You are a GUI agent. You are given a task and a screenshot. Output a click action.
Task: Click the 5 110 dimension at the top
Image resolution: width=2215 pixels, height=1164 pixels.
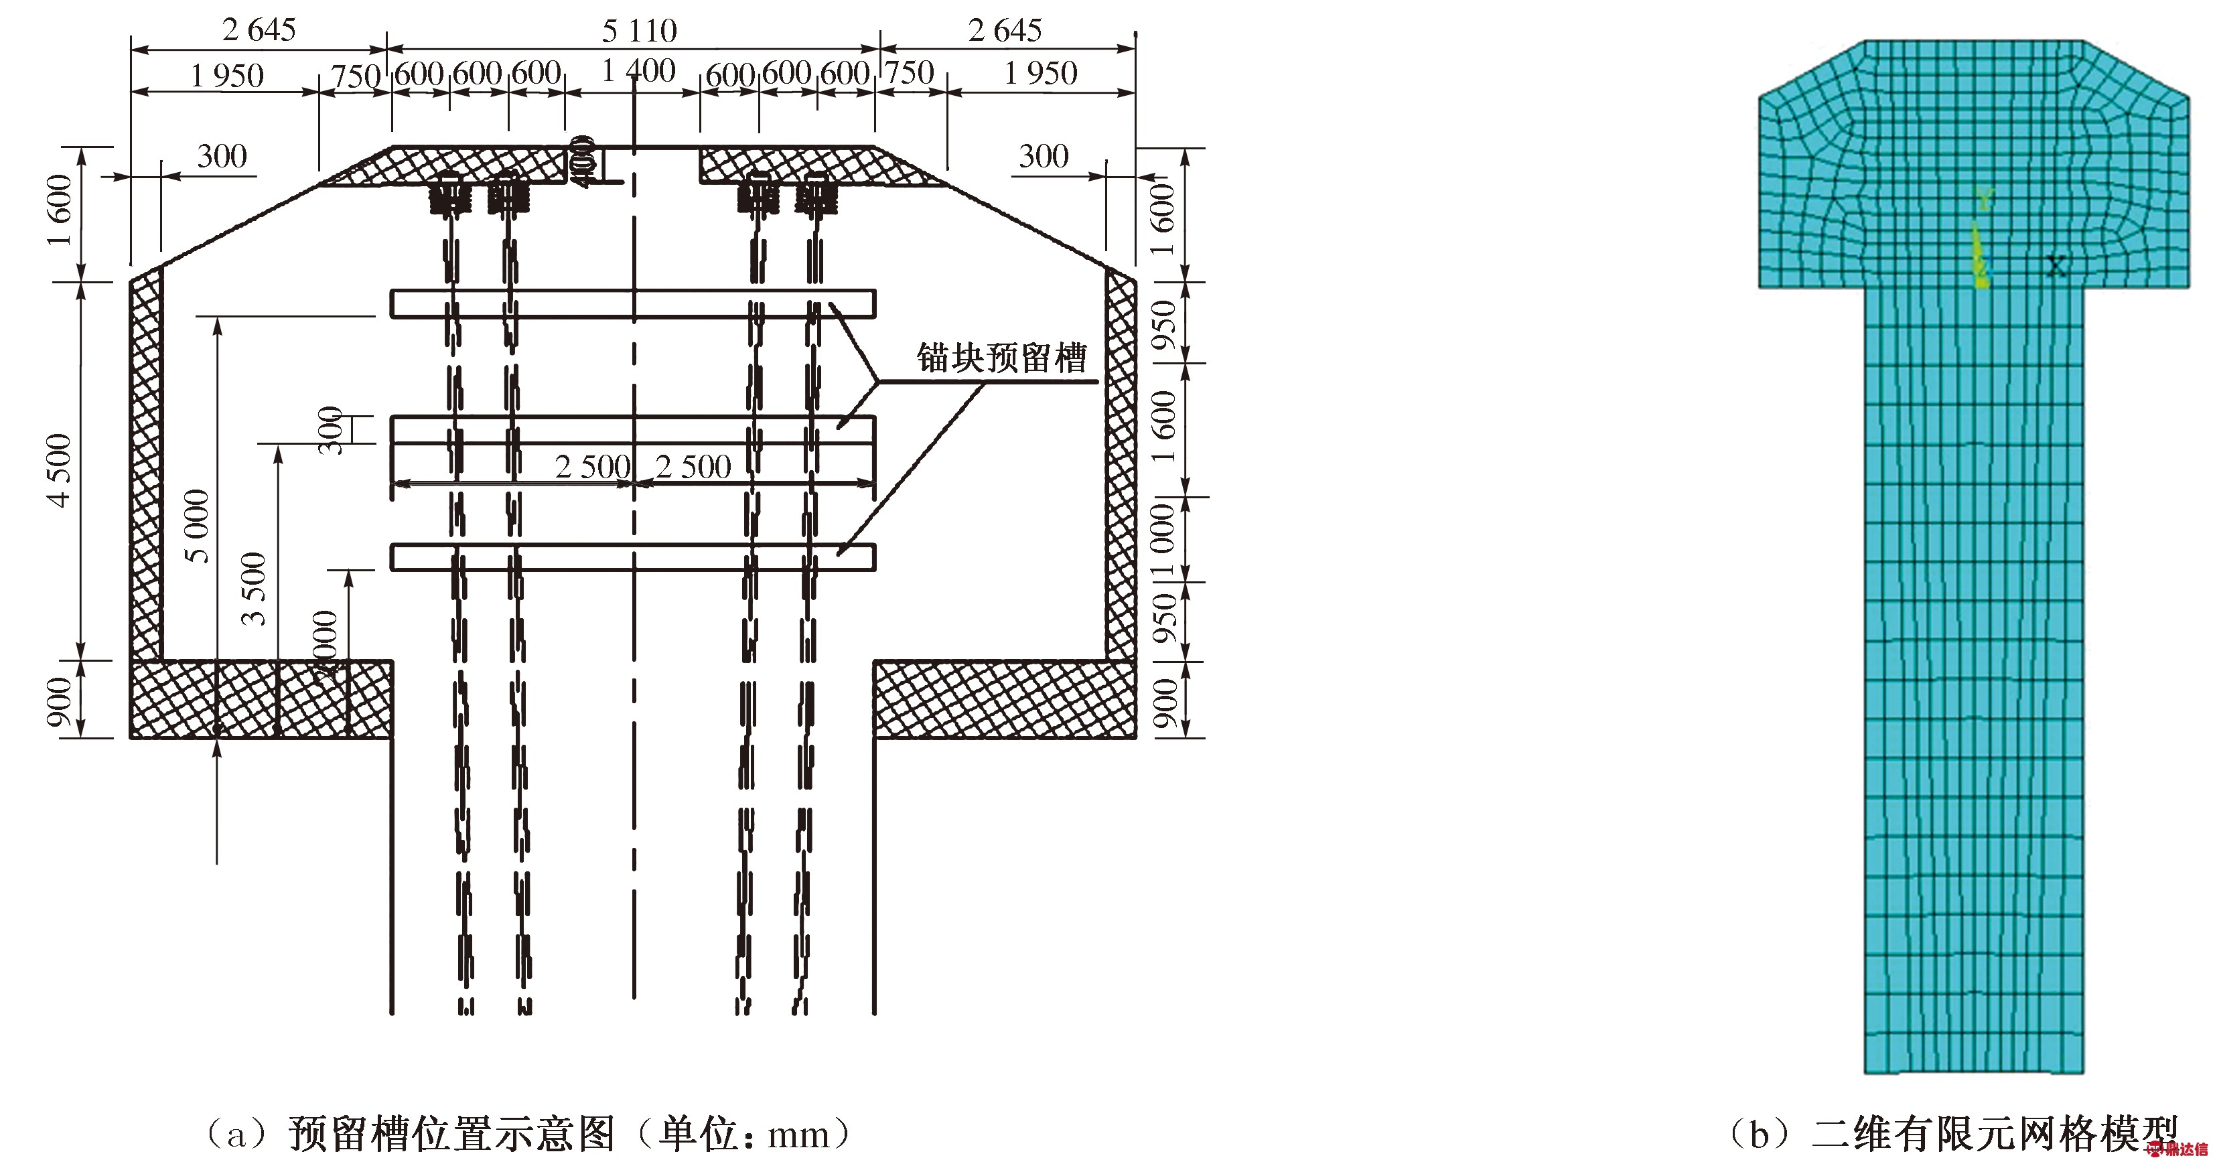coord(639,31)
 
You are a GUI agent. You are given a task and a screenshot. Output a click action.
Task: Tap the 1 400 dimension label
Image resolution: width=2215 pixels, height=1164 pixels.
coord(638,70)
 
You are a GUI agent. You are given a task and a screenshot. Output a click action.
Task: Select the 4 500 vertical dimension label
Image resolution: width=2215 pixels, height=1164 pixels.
coord(58,470)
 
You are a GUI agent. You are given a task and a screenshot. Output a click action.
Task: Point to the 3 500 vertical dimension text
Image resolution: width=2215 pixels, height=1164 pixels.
coord(254,588)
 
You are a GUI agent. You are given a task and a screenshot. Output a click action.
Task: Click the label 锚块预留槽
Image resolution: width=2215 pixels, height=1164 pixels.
coord(1002,358)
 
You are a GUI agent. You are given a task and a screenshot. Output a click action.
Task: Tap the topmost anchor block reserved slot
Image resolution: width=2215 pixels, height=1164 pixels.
coord(633,303)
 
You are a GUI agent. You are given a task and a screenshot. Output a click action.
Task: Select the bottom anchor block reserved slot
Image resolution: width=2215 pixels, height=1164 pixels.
coord(633,557)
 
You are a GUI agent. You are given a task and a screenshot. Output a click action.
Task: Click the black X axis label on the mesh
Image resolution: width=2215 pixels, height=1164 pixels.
coord(2055,266)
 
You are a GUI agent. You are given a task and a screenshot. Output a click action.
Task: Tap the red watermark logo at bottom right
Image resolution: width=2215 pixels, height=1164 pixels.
coord(2184,1149)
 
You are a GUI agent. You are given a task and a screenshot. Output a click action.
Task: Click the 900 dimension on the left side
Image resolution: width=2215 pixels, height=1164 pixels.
coord(58,701)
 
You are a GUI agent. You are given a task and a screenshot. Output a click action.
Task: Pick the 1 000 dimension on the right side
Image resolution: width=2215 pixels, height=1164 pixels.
coord(1163,540)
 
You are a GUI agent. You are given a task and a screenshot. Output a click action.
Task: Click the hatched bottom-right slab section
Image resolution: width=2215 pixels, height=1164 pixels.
coord(1003,700)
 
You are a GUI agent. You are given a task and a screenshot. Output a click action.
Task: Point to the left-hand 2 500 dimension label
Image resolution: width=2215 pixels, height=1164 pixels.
coord(593,467)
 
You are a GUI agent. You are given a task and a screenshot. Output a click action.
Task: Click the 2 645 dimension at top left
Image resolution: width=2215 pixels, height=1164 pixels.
coord(259,30)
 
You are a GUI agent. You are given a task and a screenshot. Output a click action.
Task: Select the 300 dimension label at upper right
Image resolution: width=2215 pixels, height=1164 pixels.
coord(1043,157)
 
